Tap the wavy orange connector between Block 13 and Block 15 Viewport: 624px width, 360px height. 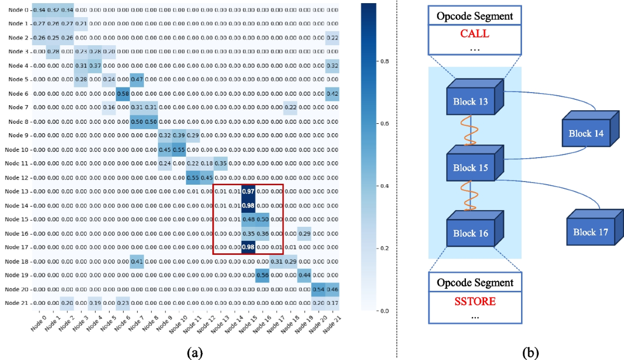click(x=470, y=133)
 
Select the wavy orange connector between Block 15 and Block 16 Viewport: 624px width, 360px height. click(x=470, y=198)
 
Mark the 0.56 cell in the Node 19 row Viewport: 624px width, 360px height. click(x=262, y=276)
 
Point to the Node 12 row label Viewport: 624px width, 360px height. click(x=19, y=177)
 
